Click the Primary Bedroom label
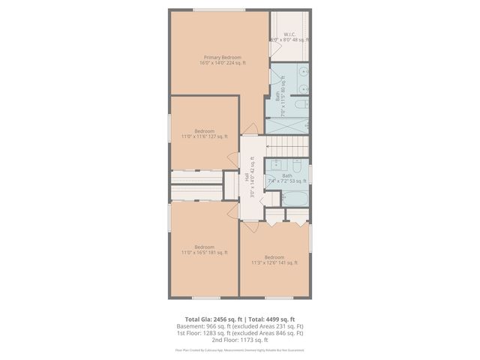pos(222,60)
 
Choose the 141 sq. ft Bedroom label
pos(274,260)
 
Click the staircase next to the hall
pos(288,145)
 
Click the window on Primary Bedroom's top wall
pos(217,9)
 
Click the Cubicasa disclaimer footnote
pos(240,350)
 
